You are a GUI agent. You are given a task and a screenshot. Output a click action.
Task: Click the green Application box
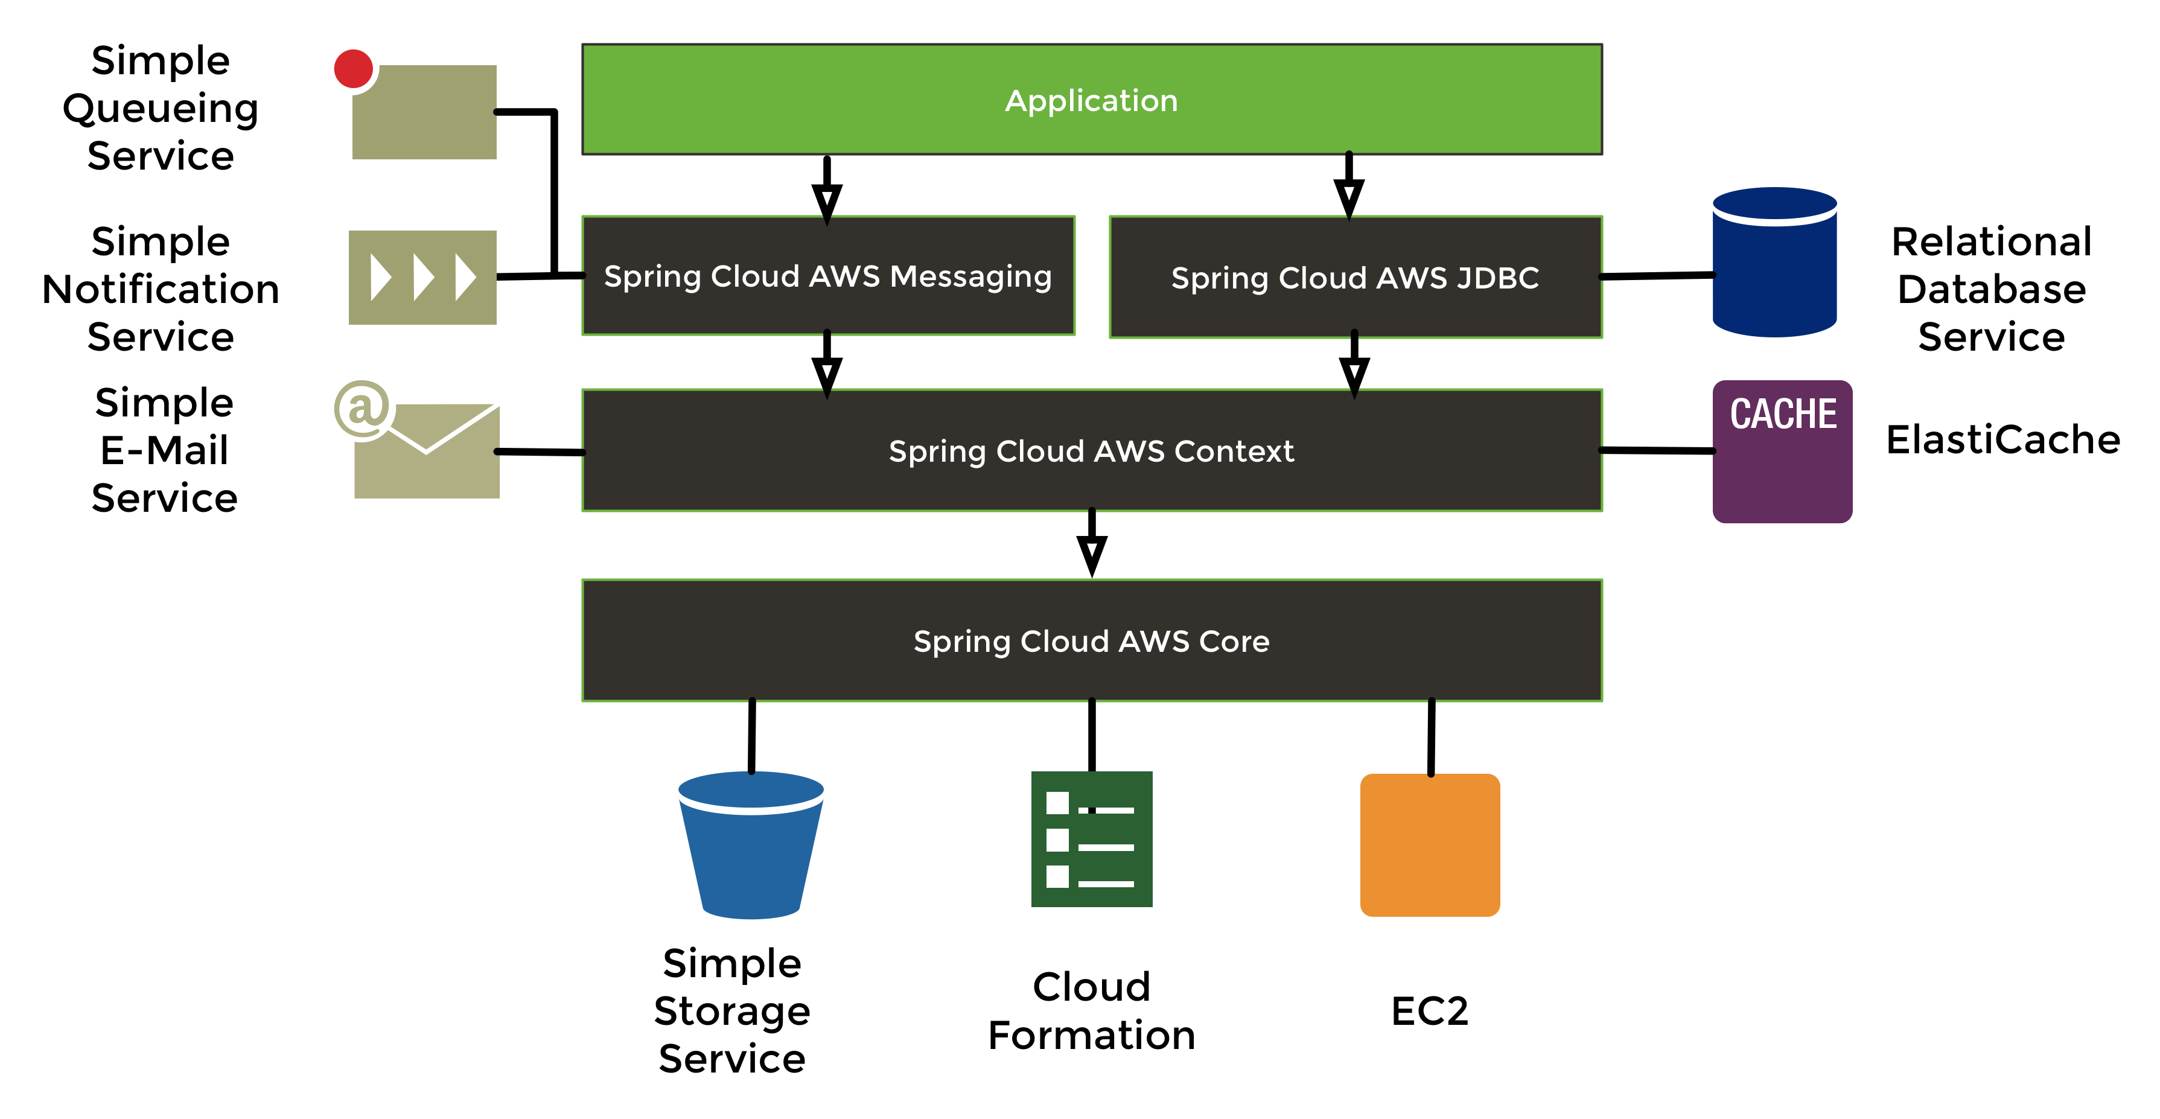[1092, 100]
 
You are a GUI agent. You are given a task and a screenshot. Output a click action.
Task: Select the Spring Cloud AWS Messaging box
[827, 276]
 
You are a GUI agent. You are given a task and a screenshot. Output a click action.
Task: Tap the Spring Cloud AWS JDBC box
[1355, 278]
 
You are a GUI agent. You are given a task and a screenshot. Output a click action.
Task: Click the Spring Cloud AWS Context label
[1091, 451]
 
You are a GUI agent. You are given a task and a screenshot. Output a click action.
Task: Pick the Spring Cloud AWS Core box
[1091, 641]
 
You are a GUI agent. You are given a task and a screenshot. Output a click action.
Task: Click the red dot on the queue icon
[354, 69]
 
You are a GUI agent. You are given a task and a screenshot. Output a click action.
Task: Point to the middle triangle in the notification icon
[422, 278]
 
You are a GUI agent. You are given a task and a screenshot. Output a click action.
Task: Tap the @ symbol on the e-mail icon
[362, 409]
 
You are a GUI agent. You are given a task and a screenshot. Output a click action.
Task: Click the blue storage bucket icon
[750, 847]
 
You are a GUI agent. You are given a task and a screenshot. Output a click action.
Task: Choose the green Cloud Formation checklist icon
[1091, 839]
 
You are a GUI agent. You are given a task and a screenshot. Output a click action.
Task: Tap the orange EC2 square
[1430, 845]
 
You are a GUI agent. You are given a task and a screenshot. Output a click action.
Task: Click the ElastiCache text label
[2002, 439]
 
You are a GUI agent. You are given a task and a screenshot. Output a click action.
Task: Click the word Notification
[160, 289]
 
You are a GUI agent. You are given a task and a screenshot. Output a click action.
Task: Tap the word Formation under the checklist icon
[1091, 1035]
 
